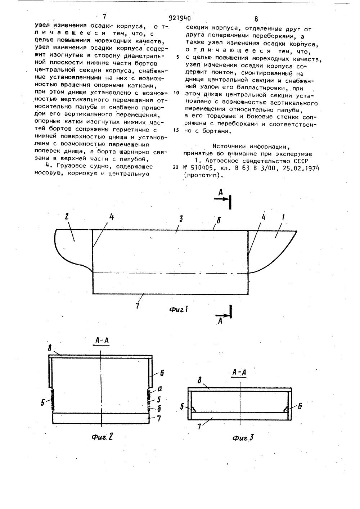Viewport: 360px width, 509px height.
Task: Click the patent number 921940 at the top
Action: point(179,18)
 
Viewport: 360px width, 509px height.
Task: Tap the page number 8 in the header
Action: point(256,19)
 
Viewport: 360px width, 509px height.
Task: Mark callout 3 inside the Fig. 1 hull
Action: point(181,219)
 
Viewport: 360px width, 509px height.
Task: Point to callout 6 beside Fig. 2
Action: point(162,374)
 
